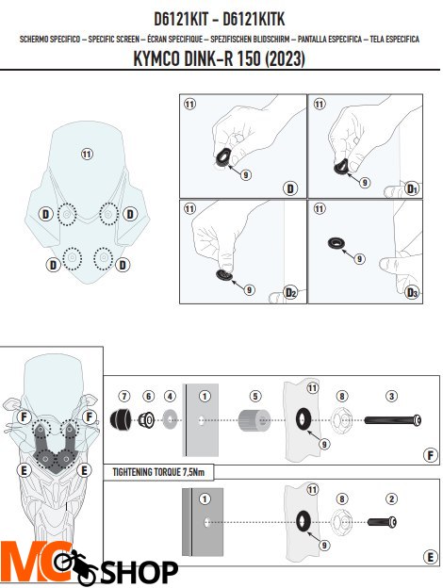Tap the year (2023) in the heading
click(285, 58)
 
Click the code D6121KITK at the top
click(254, 19)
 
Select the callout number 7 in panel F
click(124, 396)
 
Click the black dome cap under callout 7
click(121, 419)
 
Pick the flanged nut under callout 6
click(146, 419)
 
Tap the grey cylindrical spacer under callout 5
click(254, 420)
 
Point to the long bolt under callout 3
click(393, 419)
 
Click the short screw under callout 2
click(382, 522)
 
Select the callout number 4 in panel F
click(170, 396)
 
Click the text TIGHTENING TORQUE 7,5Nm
click(158, 472)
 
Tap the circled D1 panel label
click(412, 188)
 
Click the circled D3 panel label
click(412, 292)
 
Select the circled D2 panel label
click(290, 292)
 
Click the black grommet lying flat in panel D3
click(336, 243)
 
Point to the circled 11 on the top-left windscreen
click(87, 154)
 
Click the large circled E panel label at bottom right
click(430, 557)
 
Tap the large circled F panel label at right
click(430, 455)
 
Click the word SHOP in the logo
click(139, 572)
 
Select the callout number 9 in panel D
click(246, 174)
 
